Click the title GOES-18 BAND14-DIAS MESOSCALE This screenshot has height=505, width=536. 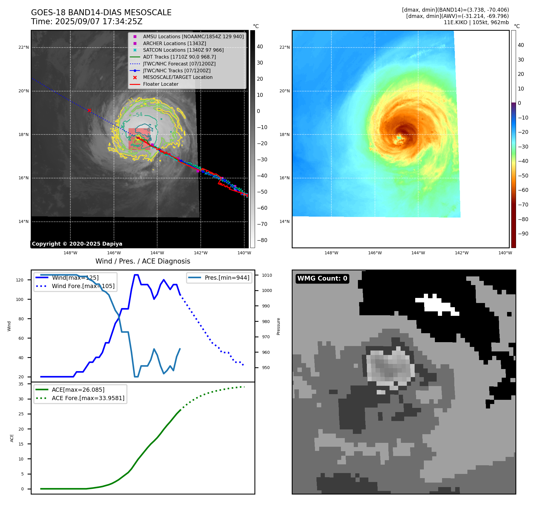click(x=101, y=13)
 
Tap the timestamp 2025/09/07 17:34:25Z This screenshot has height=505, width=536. click(x=99, y=22)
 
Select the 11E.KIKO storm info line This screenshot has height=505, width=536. click(x=476, y=22)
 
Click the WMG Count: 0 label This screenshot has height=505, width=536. click(x=322, y=278)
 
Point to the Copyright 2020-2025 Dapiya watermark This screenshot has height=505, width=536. click(x=77, y=244)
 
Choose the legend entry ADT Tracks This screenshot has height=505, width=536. click(x=179, y=57)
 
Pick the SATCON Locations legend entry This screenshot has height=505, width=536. click(x=183, y=50)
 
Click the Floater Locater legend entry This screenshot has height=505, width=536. click(x=160, y=84)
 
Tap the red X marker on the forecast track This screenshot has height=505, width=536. click(x=89, y=110)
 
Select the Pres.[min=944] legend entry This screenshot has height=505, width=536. click(x=227, y=278)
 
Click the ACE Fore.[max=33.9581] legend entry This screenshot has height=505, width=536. click(x=88, y=398)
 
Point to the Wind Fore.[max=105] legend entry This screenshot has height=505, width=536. click(x=83, y=286)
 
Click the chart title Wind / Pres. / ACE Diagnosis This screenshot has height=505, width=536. click(x=143, y=261)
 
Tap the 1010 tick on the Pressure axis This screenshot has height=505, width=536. click(x=267, y=275)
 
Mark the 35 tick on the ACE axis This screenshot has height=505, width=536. click(x=21, y=384)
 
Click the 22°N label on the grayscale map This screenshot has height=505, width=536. click(x=24, y=47)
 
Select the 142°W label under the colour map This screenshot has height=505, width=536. click(x=461, y=253)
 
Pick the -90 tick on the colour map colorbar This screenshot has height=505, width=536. click(x=523, y=234)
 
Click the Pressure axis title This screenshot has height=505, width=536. click(x=278, y=326)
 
